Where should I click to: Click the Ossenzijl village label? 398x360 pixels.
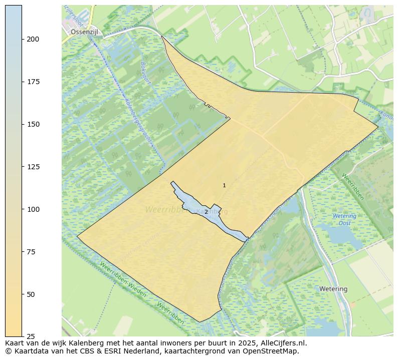click(x=85, y=32)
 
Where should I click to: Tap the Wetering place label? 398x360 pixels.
click(x=333, y=289)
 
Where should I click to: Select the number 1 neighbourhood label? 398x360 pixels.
click(x=224, y=186)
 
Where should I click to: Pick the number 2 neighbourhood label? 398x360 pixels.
click(x=206, y=212)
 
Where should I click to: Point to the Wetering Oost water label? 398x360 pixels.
click(x=344, y=220)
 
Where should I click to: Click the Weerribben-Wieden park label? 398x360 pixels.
click(x=122, y=279)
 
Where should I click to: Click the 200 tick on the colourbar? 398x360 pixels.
click(x=33, y=39)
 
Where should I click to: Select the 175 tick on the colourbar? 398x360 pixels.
click(x=33, y=82)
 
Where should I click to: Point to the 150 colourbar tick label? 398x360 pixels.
click(x=33, y=124)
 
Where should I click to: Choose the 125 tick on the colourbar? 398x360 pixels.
click(x=33, y=167)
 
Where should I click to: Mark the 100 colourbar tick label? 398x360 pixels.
click(x=33, y=209)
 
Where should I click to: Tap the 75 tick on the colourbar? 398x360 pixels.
click(x=31, y=252)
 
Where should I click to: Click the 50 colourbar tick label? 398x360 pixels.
click(x=31, y=294)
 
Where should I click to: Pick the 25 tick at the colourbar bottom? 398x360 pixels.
click(x=31, y=336)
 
